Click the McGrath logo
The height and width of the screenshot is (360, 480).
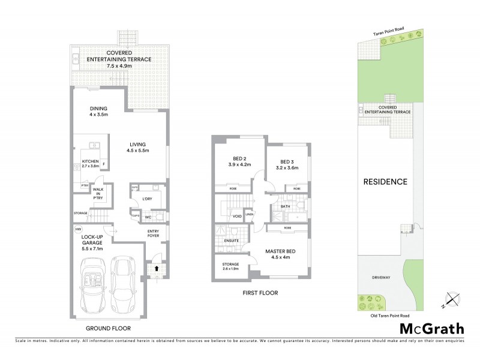click(431, 328)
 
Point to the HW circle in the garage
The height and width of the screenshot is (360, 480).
click(78, 229)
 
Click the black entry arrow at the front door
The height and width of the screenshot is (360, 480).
click(157, 269)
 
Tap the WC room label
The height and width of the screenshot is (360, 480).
click(148, 217)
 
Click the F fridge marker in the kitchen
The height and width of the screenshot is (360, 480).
click(104, 164)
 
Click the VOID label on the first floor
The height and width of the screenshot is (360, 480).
click(237, 215)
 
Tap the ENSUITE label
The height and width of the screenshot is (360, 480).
click(232, 241)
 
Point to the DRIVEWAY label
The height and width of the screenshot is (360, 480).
click(380, 277)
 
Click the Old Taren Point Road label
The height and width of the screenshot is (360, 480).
click(389, 315)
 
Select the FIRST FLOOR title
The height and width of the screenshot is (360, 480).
click(261, 293)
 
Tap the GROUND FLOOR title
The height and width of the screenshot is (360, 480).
click(108, 328)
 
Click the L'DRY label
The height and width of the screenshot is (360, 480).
click(147, 199)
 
